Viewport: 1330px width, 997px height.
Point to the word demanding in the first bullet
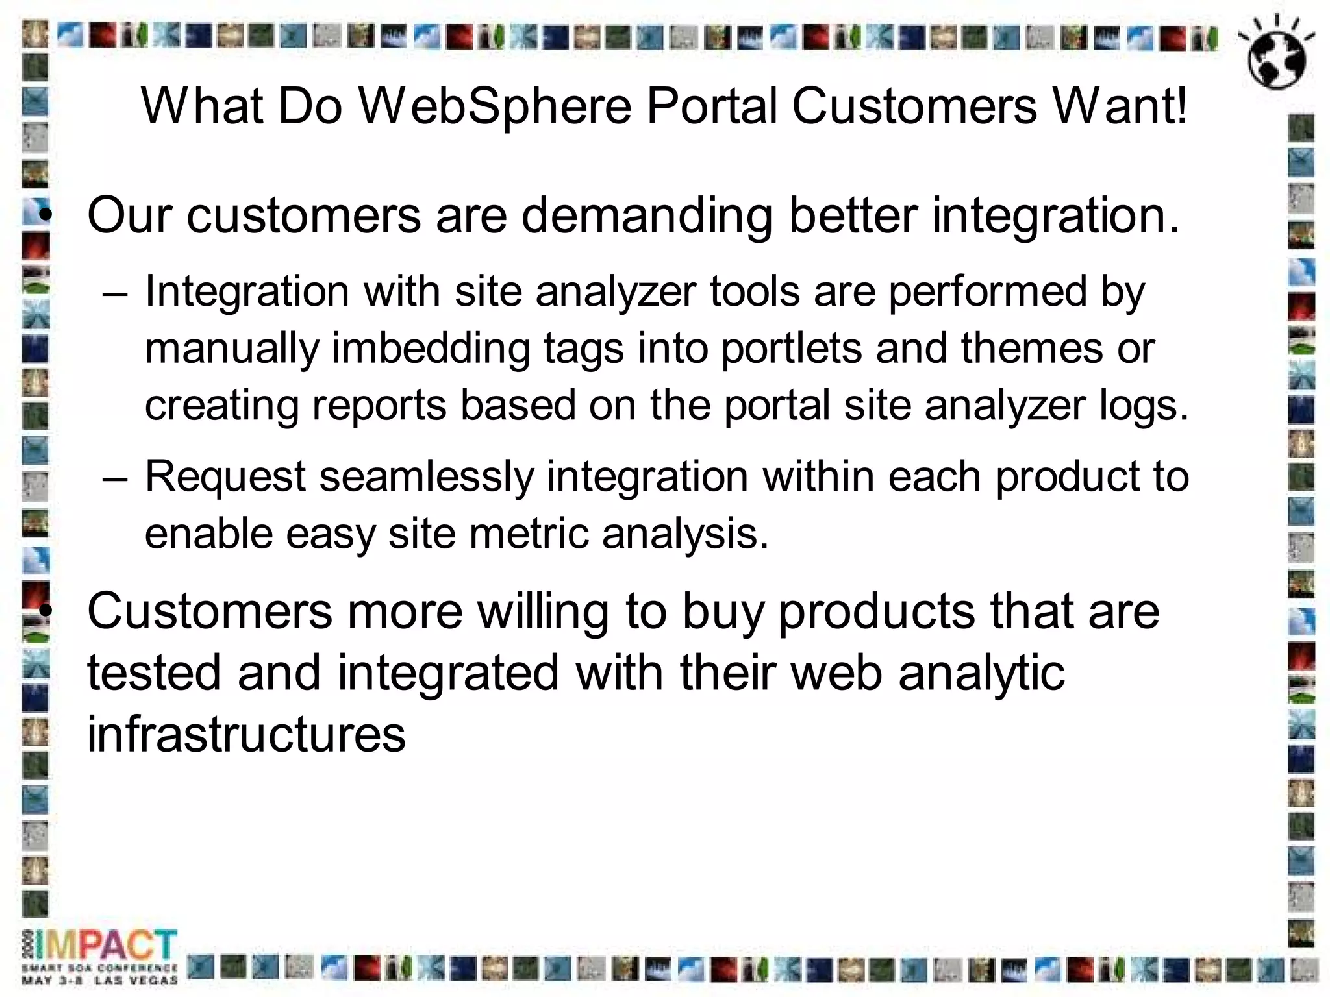[x=647, y=215]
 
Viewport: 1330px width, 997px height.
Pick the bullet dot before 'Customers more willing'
[x=44, y=611]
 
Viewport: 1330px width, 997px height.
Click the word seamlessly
[x=426, y=477]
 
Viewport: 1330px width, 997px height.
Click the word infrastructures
[x=247, y=733]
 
